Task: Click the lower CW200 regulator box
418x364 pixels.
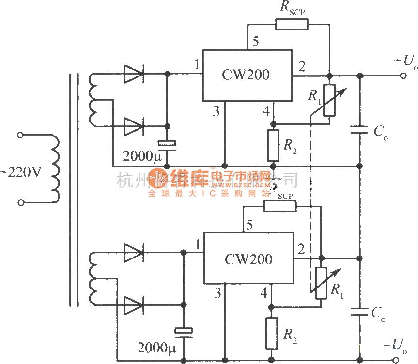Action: [248, 258]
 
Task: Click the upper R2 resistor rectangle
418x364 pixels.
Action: [273, 145]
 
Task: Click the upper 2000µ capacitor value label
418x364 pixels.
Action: [140, 156]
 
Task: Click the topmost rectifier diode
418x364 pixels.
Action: [134, 74]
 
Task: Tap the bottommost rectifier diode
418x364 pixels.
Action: [134, 305]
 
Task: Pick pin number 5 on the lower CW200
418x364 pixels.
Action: [249, 225]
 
